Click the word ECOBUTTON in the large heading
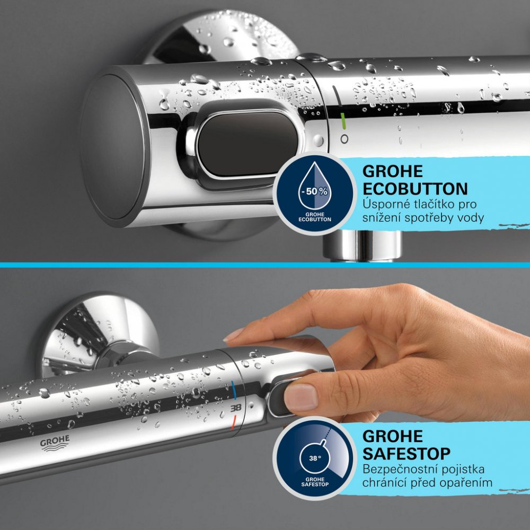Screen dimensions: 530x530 (x=415, y=189)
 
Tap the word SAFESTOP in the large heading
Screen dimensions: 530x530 (x=407, y=454)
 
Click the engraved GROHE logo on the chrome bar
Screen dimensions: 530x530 (x=55, y=443)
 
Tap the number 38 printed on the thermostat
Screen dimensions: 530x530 (x=236, y=408)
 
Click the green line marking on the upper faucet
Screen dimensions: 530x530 (x=343, y=121)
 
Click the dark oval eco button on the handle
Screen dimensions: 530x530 (x=248, y=144)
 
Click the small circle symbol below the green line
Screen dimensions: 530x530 (x=344, y=139)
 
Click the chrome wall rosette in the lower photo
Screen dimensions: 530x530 (x=98, y=334)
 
